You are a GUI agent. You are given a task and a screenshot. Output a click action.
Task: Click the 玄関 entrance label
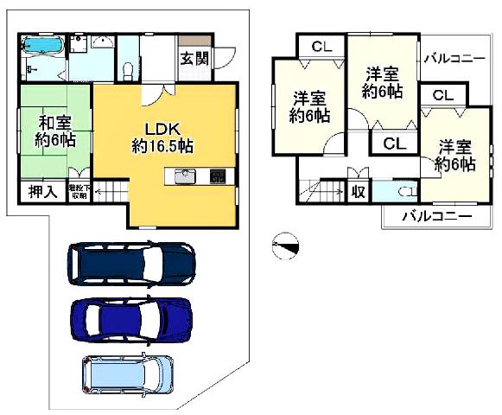[194, 59]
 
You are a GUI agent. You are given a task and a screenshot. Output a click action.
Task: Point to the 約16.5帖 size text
[162, 146]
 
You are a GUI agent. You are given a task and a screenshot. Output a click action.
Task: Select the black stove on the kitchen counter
[219, 176]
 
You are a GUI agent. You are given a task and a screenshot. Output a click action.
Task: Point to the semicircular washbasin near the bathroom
[102, 42]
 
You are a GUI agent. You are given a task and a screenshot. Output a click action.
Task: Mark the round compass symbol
[284, 246]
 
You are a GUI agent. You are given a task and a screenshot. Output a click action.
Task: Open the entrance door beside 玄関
[221, 57]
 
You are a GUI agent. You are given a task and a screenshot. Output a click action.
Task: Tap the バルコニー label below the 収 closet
[437, 216]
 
